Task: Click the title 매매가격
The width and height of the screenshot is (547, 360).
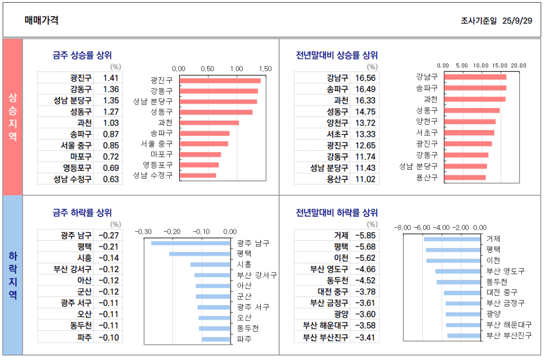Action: coord(42,20)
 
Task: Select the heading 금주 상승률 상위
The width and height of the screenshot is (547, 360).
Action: coord(82,55)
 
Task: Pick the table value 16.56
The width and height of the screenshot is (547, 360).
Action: coord(365,78)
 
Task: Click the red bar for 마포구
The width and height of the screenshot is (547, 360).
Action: coord(201,154)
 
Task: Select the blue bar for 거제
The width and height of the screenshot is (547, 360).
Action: coord(452,239)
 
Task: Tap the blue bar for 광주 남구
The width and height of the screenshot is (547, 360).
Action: coord(191,243)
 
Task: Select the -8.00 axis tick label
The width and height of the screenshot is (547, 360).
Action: coord(402,227)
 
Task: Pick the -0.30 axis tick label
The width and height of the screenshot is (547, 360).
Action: coord(144,232)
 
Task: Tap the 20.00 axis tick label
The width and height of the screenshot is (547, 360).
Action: coord(519,65)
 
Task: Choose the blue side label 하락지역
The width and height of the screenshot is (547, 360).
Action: coord(13,275)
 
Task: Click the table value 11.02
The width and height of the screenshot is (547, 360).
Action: coord(365,179)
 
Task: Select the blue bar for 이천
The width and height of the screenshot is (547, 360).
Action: coord(453,261)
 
